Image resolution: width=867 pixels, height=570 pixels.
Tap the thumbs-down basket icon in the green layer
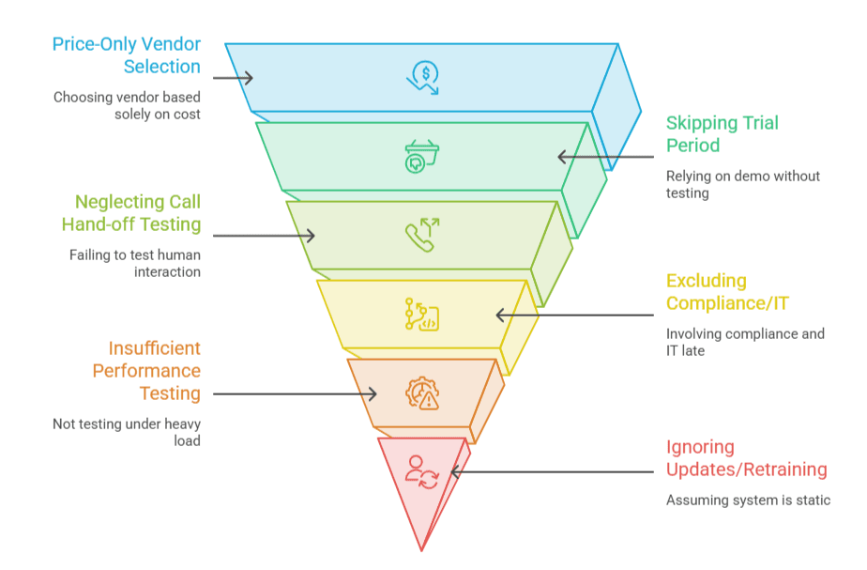(x=422, y=157)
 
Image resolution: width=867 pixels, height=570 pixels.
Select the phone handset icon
(x=422, y=235)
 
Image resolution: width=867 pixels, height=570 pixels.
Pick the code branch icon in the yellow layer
(x=422, y=315)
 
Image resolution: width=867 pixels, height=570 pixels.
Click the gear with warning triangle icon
(x=422, y=393)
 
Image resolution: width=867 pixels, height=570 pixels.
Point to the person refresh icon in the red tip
(x=422, y=472)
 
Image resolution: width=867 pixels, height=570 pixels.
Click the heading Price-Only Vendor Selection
(x=127, y=55)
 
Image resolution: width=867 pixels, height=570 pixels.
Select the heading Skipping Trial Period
(x=722, y=134)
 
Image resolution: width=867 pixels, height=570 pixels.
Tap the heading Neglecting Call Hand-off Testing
(x=131, y=213)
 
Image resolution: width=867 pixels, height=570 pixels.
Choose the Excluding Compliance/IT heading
(x=727, y=292)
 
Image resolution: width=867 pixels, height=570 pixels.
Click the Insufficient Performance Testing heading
(x=146, y=371)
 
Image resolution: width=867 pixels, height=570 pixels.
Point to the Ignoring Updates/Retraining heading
(x=747, y=458)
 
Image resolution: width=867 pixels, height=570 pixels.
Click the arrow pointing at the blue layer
(x=233, y=78)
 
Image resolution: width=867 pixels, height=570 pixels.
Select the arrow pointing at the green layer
(x=605, y=157)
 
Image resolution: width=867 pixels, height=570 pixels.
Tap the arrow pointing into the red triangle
(x=553, y=472)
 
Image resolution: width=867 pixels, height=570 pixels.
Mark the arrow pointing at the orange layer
(x=295, y=394)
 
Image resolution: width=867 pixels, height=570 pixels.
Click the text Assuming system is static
(x=748, y=501)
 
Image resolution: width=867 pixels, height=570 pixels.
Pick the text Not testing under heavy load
(x=127, y=432)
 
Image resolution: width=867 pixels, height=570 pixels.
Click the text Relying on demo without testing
(x=742, y=184)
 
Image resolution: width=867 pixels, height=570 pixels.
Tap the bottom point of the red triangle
(x=421, y=551)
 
